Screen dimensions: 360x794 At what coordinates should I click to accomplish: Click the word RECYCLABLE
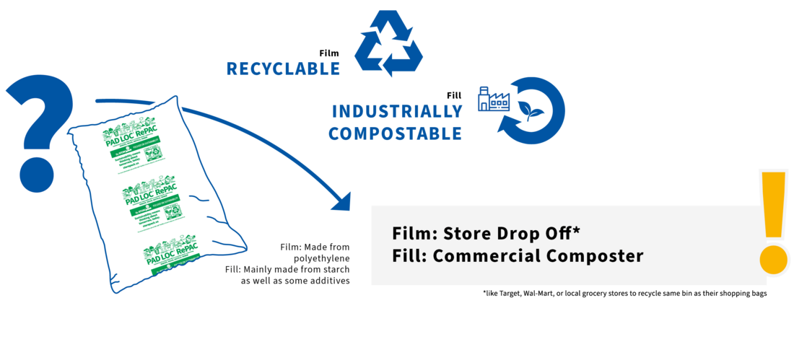282,69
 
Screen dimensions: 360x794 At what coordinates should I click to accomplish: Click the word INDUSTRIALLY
396,112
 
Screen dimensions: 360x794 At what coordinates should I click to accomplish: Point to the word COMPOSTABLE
394,133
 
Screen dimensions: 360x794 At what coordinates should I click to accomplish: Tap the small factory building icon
494,100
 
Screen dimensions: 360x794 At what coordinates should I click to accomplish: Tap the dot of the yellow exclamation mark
775,259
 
